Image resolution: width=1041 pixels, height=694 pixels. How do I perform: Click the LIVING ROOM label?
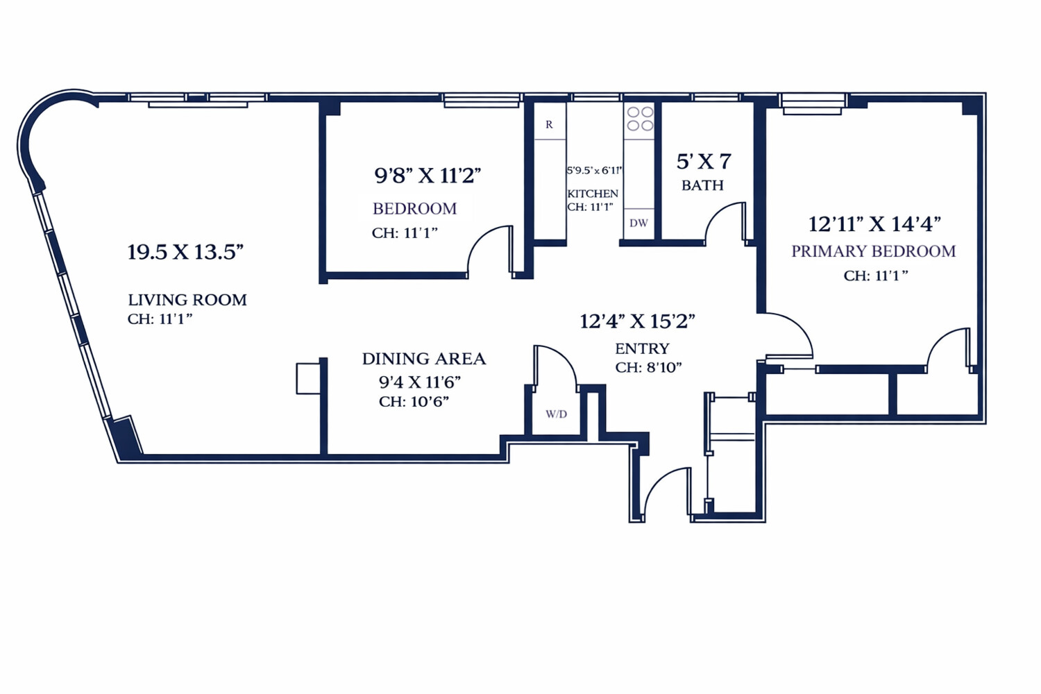pyautogui.click(x=187, y=300)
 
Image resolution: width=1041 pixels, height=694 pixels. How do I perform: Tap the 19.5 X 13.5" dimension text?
pyautogui.click(x=185, y=252)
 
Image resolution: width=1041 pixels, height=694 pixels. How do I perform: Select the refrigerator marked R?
pyautogui.click(x=549, y=124)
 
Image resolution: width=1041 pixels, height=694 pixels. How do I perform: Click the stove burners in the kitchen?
pyautogui.click(x=640, y=119)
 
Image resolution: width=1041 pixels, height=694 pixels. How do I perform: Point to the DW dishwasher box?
pyautogui.click(x=638, y=223)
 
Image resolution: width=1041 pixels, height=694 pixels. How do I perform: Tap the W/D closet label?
pyautogui.click(x=556, y=414)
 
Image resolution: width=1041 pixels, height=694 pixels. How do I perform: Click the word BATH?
pyautogui.click(x=702, y=185)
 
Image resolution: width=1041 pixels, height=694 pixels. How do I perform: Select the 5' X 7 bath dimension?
pyautogui.click(x=704, y=162)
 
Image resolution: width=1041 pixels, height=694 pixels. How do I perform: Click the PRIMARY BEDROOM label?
pyautogui.click(x=873, y=251)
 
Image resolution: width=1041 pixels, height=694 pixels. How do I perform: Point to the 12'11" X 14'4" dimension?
pyautogui.click(x=874, y=224)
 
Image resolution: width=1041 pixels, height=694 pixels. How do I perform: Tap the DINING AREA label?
pyautogui.click(x=424, y=359)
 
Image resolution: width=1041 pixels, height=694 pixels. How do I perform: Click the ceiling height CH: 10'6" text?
pyautogui.click(x=414, y=402)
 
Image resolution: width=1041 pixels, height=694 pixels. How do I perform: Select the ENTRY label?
pyautogui.click(x=642, y=348)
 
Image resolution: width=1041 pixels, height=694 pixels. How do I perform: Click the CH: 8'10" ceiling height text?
pyautogui.click(x=648, y=367)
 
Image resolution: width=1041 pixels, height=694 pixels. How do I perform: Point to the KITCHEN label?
pyautogui.click(x=593, y=194)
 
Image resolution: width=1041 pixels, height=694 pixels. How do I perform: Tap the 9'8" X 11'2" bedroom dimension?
pyautogui.click(x=428, y=176)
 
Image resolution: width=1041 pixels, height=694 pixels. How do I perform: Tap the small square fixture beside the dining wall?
pyautogui.click(x=307, y=379)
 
